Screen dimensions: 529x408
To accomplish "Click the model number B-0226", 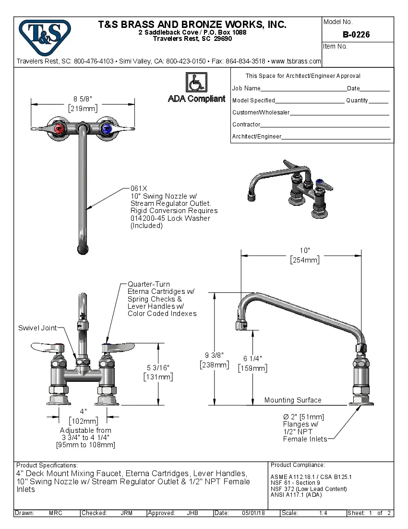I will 356,35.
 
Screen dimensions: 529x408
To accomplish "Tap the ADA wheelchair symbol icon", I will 196,83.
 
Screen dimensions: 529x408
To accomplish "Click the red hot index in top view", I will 59,128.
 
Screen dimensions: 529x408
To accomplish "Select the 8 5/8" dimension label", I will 83,99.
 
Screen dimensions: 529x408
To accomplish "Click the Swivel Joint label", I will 37,328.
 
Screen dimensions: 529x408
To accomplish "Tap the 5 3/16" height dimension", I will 158,367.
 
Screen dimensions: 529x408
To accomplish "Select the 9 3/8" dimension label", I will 214,355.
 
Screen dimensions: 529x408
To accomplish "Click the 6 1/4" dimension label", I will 252,359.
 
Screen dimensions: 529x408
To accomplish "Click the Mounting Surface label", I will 293,400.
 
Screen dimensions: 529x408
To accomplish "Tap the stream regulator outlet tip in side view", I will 241,327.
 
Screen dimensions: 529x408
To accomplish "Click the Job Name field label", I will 246,88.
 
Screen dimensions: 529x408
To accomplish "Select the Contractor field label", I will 246,125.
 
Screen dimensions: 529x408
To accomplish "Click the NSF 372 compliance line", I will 309,489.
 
